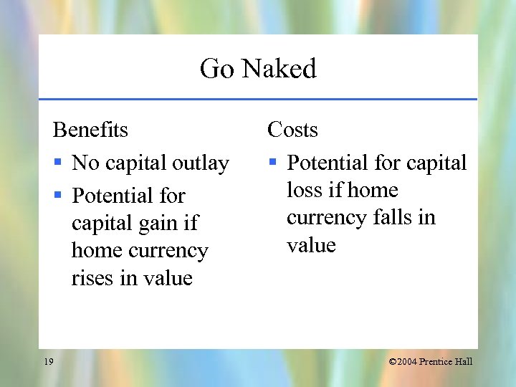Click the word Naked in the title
(279, 69)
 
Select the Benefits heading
(90, 130)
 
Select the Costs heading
(292, 130)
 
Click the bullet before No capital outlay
(59, 163)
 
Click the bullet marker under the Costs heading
(273, 163)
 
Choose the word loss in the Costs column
(304, 190)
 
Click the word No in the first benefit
(86, 163)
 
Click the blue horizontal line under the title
(258, 99)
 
